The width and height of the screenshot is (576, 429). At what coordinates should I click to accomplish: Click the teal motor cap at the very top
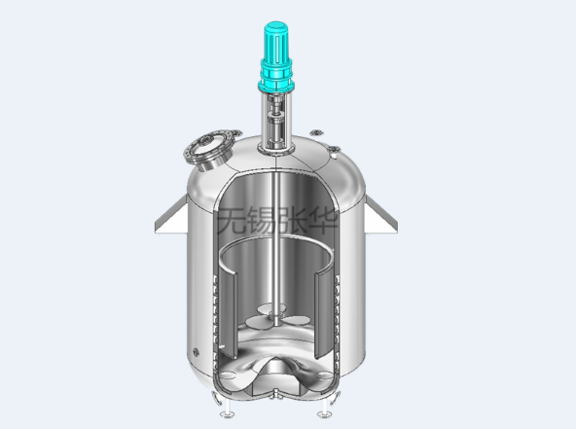pos(276,26)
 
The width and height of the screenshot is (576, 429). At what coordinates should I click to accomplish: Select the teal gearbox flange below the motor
pos(276,87)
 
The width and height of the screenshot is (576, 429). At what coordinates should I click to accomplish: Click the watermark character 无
pos(232,220)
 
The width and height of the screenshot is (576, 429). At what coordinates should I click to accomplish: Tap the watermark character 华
pos(323,220)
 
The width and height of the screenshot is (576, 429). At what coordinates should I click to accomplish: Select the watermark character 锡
pos(263,220)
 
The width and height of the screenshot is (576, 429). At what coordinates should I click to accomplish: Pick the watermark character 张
pos(293,220)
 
